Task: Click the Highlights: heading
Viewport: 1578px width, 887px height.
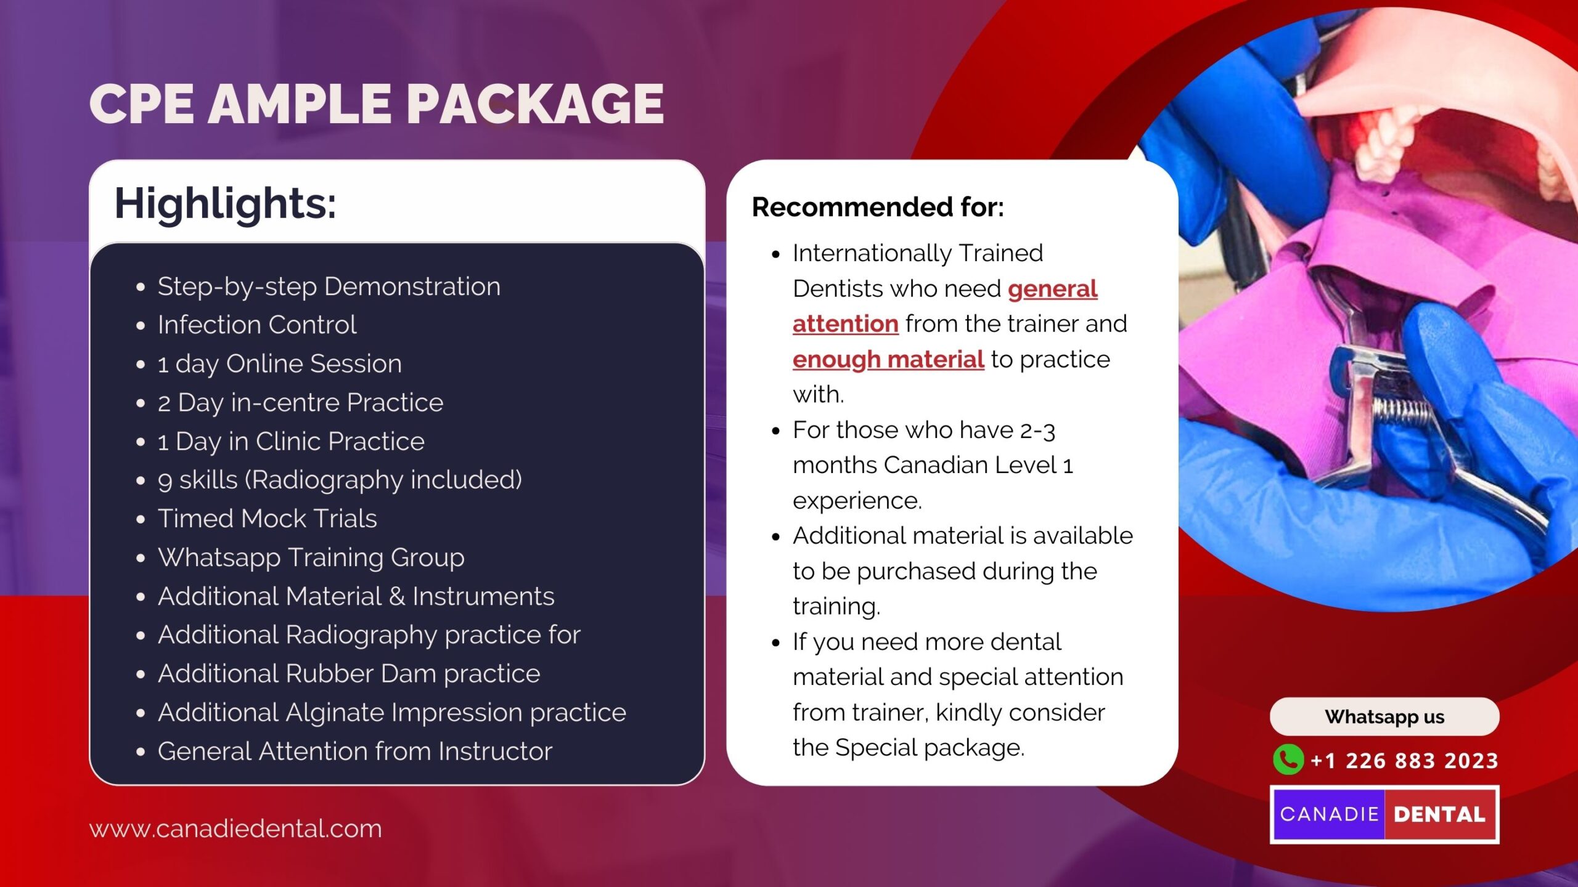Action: (225, 204)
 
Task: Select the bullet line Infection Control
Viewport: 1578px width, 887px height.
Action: (256, 325)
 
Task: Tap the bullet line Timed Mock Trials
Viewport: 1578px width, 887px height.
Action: (267, 519)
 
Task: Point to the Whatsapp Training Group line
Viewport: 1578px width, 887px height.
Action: (311, 558)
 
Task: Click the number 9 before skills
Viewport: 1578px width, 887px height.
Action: (165, 481)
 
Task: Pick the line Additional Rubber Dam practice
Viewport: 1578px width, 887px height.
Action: (349, 674)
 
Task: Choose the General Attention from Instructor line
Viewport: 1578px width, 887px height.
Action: (354, 751)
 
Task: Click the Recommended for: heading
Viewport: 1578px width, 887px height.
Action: (878, 207)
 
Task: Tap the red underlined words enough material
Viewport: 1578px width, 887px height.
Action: (888, 360)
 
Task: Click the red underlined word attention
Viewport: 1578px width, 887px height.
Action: (845, 324)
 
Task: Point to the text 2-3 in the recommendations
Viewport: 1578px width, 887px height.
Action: (1037, 431)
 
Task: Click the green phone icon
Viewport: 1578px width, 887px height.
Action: (1288, 759)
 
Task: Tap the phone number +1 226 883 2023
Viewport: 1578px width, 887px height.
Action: (1404, 761)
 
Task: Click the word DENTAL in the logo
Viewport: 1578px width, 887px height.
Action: (1440, 814)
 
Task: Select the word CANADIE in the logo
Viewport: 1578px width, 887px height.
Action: (1329, 814)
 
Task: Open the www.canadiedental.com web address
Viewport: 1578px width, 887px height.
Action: (235, 828)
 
